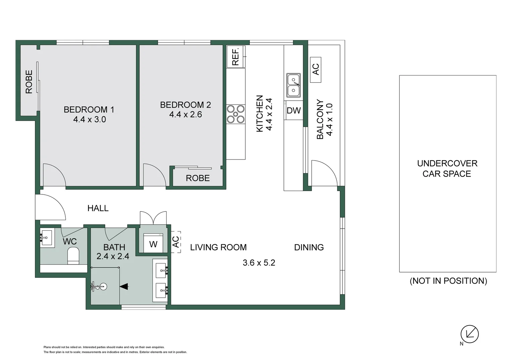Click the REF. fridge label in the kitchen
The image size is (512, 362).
(x=235, y=57)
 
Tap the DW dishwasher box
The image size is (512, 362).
(x=294, y=111)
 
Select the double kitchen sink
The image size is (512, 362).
(x=294, y=85)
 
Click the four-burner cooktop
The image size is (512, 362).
(x=236, y=114)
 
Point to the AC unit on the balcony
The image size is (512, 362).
(x=316, y=70)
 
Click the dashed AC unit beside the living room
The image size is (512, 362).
(x=176, y=242)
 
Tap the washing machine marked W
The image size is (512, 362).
(x=153, y=243)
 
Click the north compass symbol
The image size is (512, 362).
(x=469, y=334)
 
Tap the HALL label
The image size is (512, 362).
(x=98, y=208)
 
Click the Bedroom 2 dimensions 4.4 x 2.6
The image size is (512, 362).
(x=186, y=114)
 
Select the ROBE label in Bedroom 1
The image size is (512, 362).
(x=29, y=82)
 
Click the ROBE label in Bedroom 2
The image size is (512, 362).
(x=198, y=178)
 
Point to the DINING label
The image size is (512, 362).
(x=309, y=247)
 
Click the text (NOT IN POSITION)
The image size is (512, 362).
(x=448, y=281)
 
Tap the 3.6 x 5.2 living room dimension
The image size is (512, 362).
(x=259, y=262)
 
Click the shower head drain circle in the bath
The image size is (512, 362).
(x=104, y=286)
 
